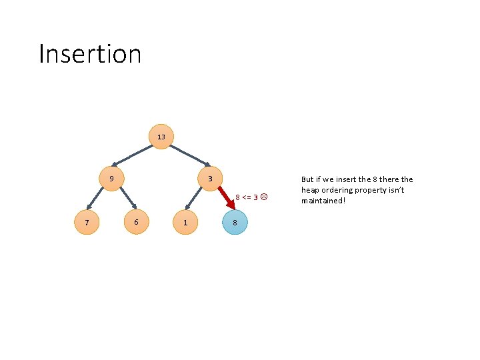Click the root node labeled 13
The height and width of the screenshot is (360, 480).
tap(161, 137)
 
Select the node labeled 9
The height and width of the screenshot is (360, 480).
tap(111, 179)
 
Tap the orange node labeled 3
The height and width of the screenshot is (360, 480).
tap(210, 179)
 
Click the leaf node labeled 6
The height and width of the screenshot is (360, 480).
tap(136, 222)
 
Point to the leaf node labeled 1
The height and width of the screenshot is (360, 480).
tap(185, 222)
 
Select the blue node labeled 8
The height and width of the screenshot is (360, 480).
tap(235, 222)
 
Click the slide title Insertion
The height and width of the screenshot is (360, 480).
tap(90, 53)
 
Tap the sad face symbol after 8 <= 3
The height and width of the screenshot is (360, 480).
tap(264, 197)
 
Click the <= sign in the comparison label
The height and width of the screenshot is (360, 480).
tap(247, 197)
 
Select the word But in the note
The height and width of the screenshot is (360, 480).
tap(307, 179)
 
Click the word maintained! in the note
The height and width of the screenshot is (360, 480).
tap(323, 201)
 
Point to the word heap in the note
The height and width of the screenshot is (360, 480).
tap(311, 190)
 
